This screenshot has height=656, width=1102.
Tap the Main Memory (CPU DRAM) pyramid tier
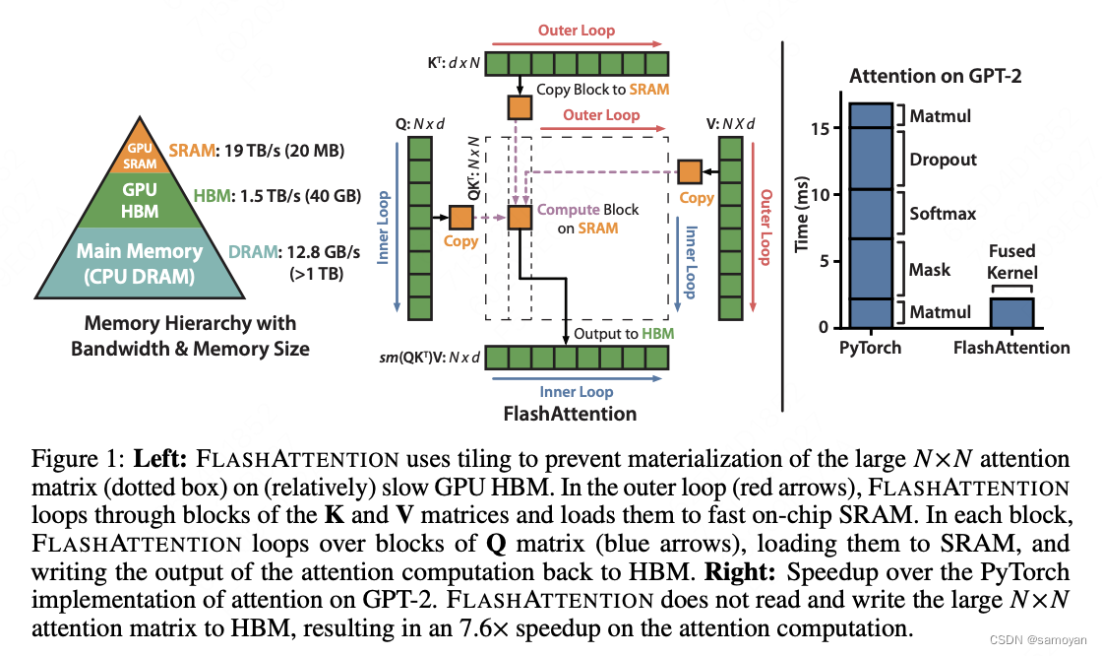[x=139, y=263]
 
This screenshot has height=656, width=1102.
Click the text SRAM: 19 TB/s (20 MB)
[x=257, y=151]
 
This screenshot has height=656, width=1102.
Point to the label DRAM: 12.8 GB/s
[x=281, y=252]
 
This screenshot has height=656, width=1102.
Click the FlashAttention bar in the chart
[x=1010, y=312]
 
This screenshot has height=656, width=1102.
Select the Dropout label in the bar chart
[x=943, y=159]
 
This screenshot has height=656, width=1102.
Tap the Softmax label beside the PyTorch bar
[x=942, y=213]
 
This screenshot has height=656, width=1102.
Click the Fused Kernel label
[x=1012, y=261]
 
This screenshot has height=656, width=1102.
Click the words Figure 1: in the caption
[x=67, y=460]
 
